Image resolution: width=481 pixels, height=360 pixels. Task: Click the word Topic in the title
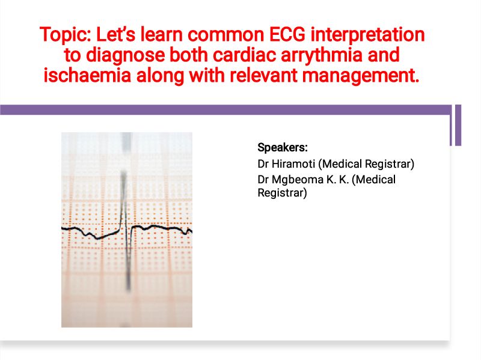[x=65, y=35]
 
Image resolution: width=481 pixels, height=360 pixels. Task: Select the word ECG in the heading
[x=287, y=34]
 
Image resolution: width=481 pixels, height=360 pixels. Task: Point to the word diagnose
[x=125, y=56]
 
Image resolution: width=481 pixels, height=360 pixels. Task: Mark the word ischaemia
[x=87, y=76]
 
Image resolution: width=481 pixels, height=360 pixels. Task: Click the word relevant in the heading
[x=264, y=76]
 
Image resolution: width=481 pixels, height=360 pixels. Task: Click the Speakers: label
[x=283, y=148]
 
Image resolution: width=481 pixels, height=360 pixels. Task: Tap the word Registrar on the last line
[x=282, y=193]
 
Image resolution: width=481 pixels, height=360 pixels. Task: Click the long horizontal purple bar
[x=226, y=110]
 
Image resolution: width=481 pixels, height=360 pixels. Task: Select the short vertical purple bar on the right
[x=458, y=125]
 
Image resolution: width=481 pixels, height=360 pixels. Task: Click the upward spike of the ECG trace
[x=123, y=200]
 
